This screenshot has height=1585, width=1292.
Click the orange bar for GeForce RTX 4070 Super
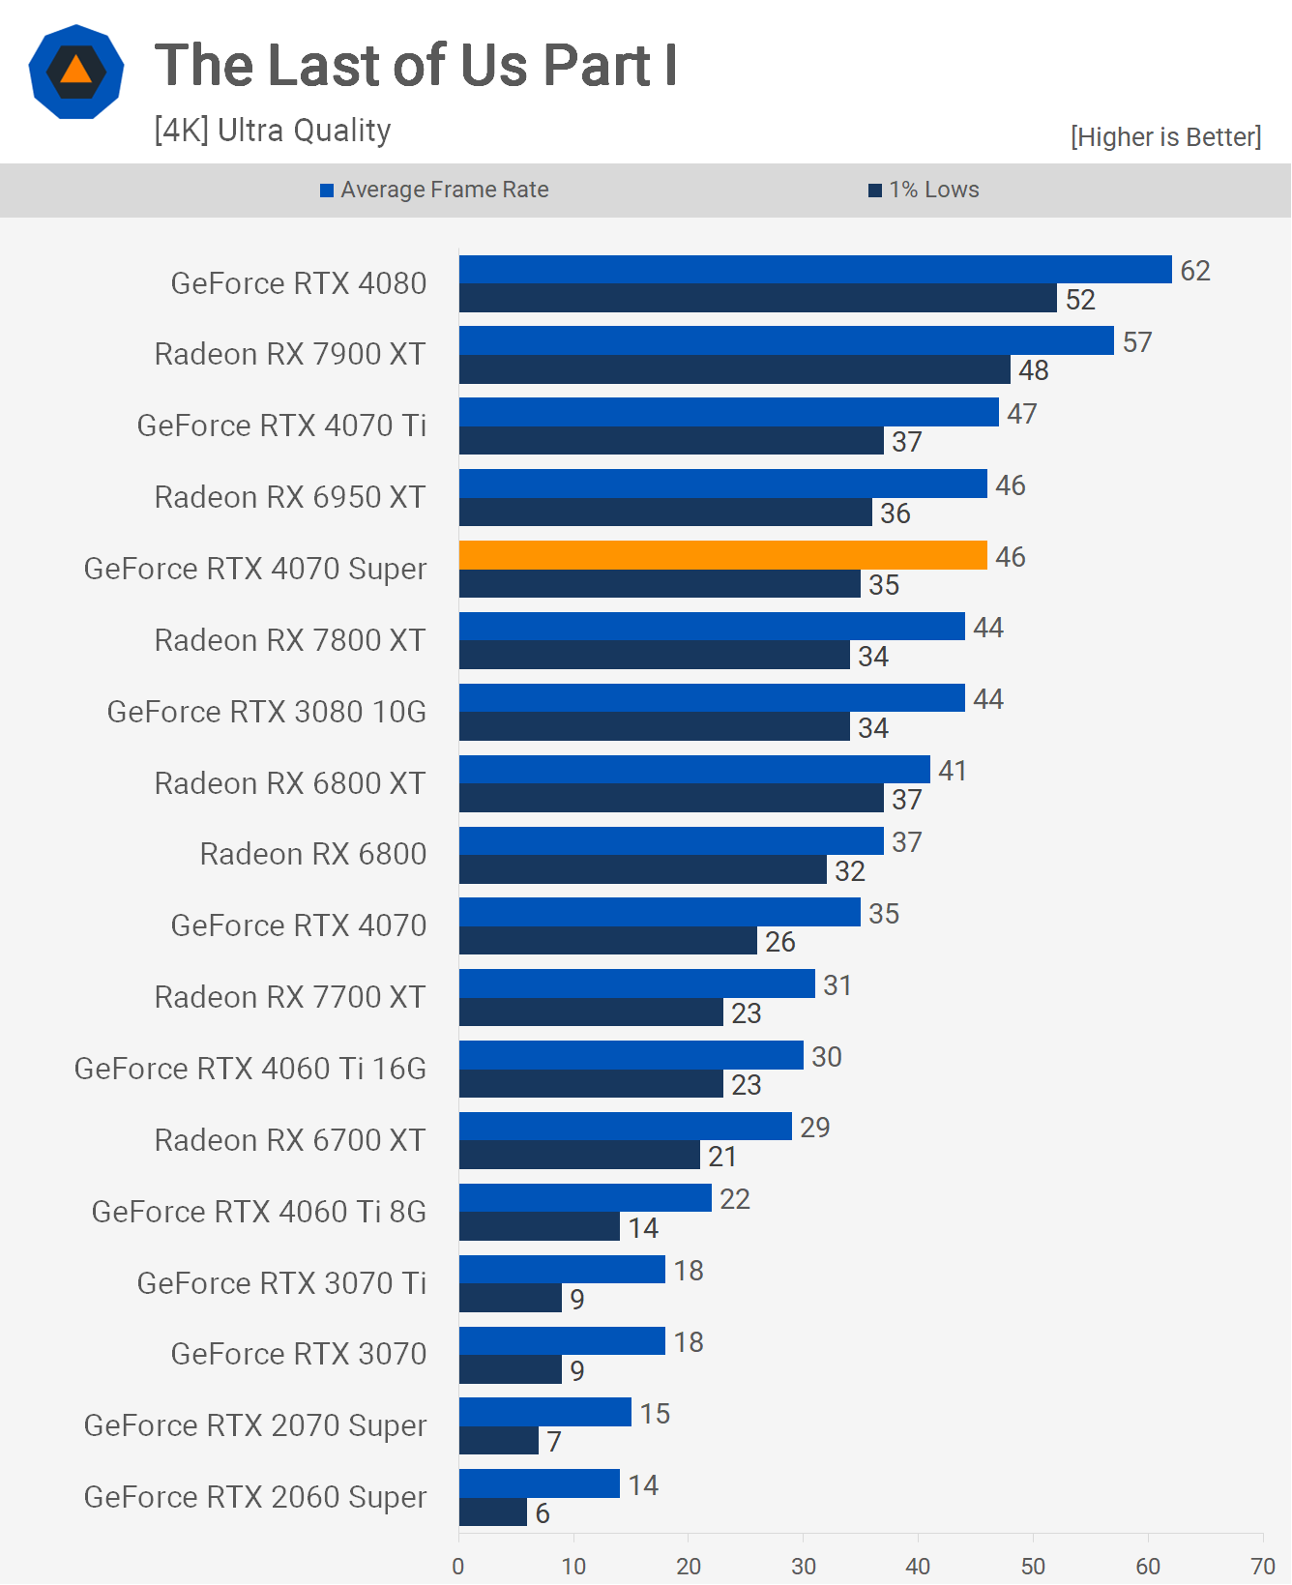(722, 555)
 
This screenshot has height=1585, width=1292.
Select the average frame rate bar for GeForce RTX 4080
(814, 270)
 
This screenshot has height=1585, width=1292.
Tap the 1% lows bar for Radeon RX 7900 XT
(734, 369)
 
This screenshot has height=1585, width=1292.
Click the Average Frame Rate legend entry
(435, 190)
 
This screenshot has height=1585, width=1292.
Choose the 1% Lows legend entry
(925, 190)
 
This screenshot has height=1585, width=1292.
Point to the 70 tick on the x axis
(1263, 1566)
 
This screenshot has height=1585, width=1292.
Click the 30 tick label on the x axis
(804, 1566)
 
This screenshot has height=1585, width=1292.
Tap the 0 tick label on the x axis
(458, 1566)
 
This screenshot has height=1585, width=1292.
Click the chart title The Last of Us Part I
(416, 66)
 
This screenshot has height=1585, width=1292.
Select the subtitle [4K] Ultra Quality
(273, 130)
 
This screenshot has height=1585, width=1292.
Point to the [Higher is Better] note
(1165, 137)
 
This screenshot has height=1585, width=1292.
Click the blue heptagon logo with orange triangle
(76, 72)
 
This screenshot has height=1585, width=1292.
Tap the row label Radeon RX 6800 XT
(290, 783)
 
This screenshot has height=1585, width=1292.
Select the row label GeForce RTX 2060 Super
(255, 1497)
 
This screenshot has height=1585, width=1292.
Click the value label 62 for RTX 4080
(1195, 271)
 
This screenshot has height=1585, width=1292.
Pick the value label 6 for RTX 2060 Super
(543, 1513)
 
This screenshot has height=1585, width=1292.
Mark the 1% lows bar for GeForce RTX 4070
(607, 941)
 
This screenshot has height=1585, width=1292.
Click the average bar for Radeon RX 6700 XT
(625, 1127)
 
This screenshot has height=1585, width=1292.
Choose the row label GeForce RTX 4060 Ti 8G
(259, 1212)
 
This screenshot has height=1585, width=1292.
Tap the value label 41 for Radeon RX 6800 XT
(953, 771)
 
